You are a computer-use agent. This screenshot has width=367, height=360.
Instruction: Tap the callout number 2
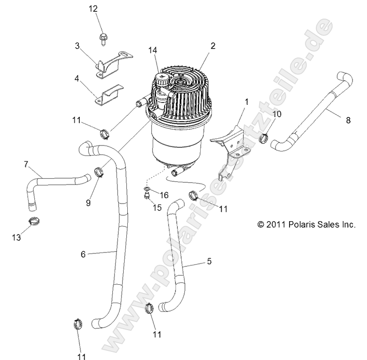[x=200, y=46]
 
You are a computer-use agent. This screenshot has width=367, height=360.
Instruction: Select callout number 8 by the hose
[x=348, y=121]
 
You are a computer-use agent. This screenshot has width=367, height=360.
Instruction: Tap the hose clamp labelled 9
[x=100, y=172]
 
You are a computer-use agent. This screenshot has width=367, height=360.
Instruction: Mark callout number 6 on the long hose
[x=83, y=254]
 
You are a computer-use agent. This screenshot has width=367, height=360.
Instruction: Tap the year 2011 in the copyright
[x=275, y=223]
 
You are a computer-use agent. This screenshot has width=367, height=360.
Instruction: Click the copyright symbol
[x=260, y=223]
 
